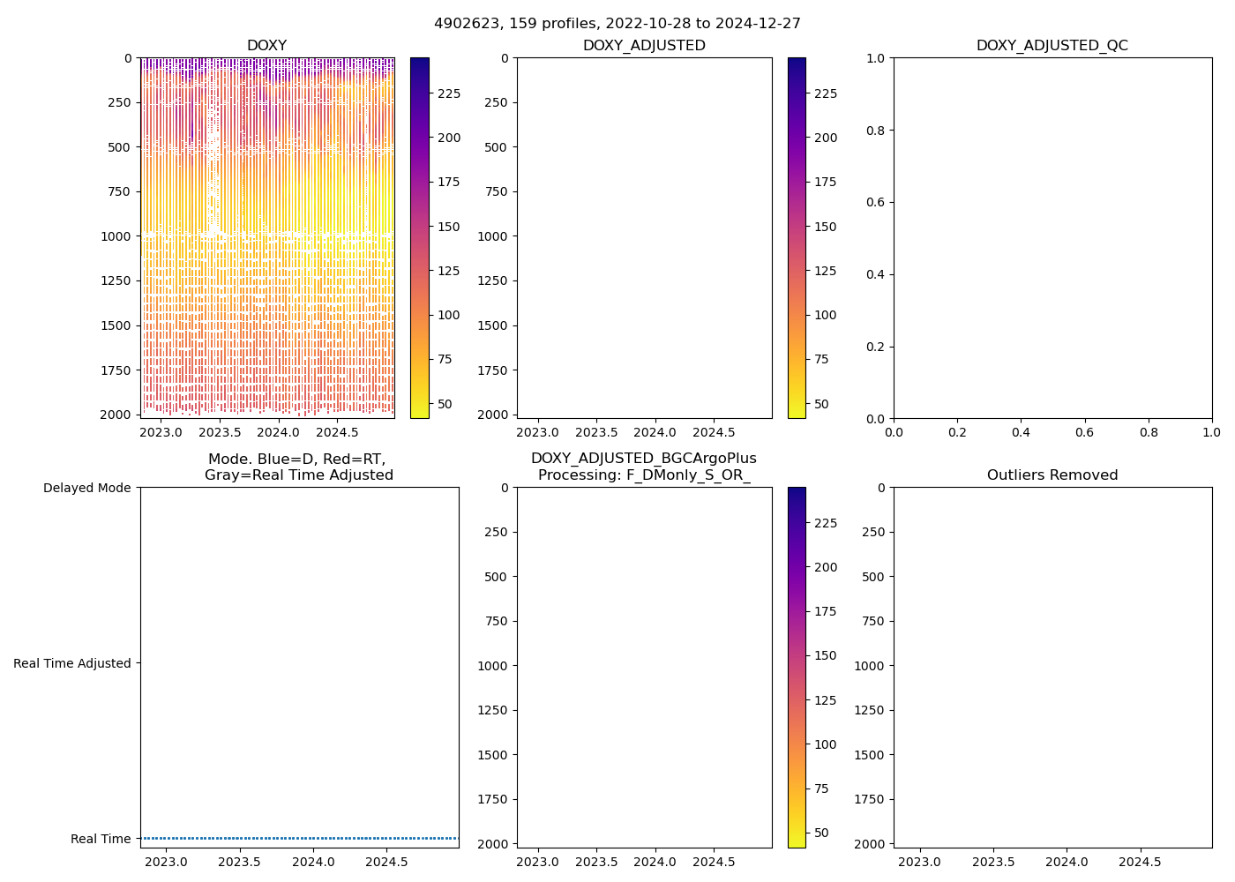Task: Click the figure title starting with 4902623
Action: click(x=617, y=24)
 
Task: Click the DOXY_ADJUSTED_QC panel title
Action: click(x=1052, y=46)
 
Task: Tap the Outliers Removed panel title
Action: click(x=1052, y=475)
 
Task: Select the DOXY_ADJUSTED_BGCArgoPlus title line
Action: click(x=643, y=459)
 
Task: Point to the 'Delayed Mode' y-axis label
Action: click(x=86, y=488)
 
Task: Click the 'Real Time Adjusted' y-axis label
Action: click(x=72, y=663)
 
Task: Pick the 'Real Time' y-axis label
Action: click(x=101, y=839)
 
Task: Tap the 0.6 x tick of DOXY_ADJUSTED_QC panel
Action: click(x=1084, y=433)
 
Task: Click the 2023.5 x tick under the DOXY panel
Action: click(x=220, y=433)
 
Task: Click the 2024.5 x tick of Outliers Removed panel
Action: click(x=1140, y=863)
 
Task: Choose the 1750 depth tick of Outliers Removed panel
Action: click(x=871, y=799)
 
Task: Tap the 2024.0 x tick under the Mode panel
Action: click(x=313, y=863)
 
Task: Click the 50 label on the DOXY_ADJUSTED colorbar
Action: click(x=821, y=404)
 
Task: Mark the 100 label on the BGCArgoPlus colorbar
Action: click(x=825, y=744)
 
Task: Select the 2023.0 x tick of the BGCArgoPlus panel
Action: click(x=537, y=863)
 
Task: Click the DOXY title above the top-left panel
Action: click(x=266, y=46)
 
